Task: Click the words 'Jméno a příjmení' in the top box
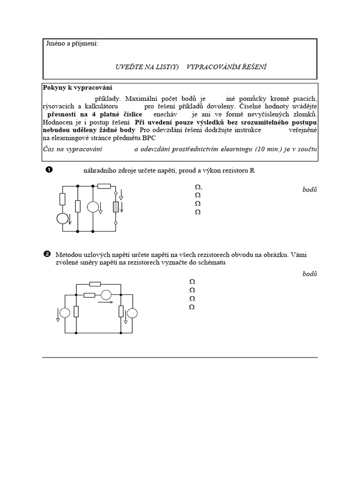pyautogui.click(x=72, y=44)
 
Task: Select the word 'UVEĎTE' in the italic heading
pyautogui.click(x=128, y=67)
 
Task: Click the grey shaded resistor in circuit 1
pyautogui.click(x=116, y=207)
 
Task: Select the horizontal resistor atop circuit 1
pyautogui.click(x=104, y=186)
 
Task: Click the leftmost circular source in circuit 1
pyautogui.click(x=62, y=218)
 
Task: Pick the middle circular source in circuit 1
pyautogui.click(x=93, y=207)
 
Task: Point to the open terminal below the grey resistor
pyautogui.click(x=116, y=223)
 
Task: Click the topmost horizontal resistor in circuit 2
pyautogui.click(x=95, y=284)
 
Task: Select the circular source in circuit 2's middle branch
pyautogui.click(x=106, y=295)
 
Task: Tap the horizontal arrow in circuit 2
pyautogui.click(x=105, y=302)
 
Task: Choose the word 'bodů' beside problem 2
pyautogui.click(x=310, y=274)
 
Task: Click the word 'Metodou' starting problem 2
pyautogui.click(x=67, y=255)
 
